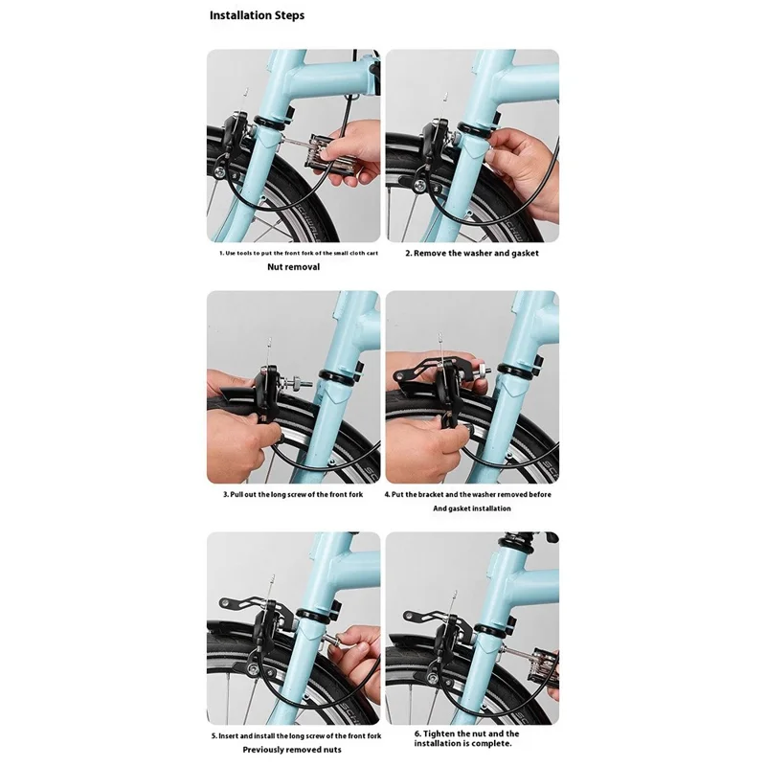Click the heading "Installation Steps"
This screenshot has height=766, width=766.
coord(258,16)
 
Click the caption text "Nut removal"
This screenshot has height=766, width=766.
coord(293,267)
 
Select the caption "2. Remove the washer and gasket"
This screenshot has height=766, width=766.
coord(471,253)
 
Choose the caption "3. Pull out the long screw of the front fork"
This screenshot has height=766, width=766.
coord(293,495)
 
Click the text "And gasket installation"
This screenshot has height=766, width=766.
coord(471,509)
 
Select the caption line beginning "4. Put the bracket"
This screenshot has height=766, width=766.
coord(471,495)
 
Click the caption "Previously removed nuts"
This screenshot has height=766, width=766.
coord(293,751)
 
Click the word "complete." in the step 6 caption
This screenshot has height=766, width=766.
coord(498,743)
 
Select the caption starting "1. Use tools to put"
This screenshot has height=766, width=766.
coord(293,253)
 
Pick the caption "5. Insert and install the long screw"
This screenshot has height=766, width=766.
coord(293,736)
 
